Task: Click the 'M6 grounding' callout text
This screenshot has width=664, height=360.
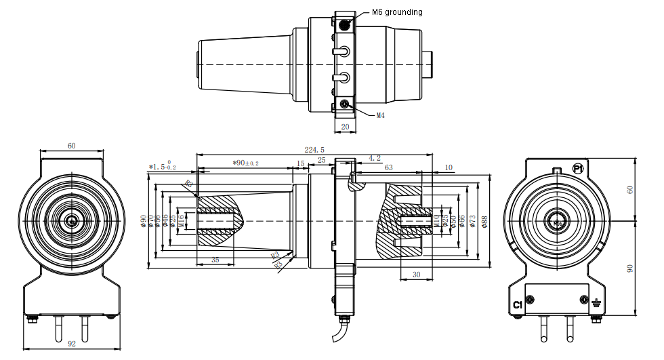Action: point(397,12)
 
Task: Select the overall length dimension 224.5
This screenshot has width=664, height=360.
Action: point(314,150)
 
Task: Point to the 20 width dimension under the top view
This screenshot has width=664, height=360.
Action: point(345,127)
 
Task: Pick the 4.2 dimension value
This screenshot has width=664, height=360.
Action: point(374,158)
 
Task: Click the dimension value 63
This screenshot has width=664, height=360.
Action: point(388,167)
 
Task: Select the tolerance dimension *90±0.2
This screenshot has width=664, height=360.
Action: point(245,163)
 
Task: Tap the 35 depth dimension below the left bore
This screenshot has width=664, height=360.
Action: point(215,260)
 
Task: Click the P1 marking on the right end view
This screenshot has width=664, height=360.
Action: point(578,168)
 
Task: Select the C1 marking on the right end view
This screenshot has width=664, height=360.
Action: point(518,304)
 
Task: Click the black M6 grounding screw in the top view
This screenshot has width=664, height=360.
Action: point(345,25)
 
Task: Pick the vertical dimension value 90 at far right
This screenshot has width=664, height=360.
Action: point(631,269)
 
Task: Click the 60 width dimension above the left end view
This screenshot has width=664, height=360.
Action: point(72,146)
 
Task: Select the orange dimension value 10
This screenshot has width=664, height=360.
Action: point(449,167)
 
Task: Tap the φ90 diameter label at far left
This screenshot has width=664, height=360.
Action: point(143,221)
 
